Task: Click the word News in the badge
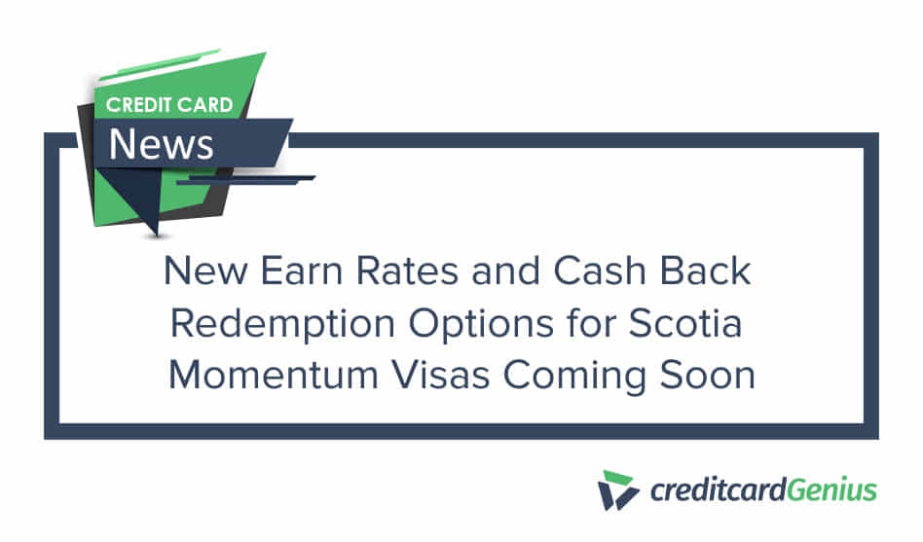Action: tap(162, 143)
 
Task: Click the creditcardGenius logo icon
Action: tap(619, 489)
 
